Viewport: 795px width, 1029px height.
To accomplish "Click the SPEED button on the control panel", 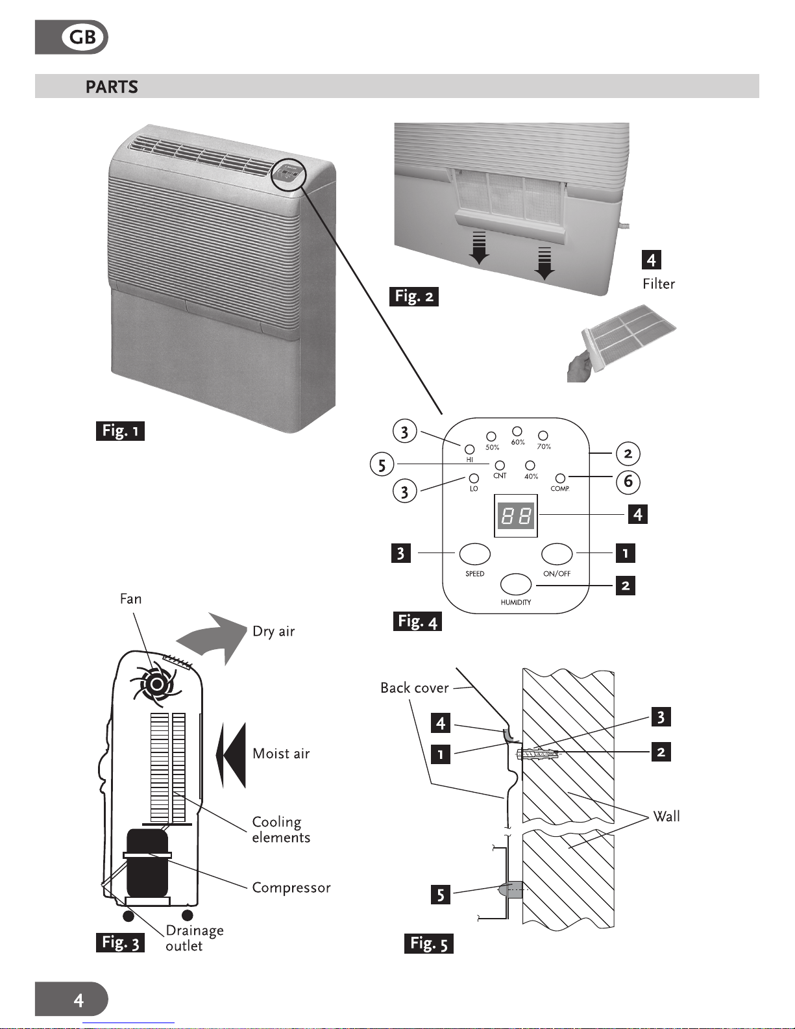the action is click(x=474, y=554).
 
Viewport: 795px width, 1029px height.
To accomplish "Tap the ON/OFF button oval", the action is click(x=557, y=554).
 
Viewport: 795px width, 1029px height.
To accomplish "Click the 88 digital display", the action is click(x=516, y=515).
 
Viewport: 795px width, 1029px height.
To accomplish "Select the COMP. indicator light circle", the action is click(x=560, y=478).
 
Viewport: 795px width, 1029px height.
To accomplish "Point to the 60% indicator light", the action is click(x=517, y=431).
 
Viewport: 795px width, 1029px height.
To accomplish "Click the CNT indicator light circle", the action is click(x=500, y=466).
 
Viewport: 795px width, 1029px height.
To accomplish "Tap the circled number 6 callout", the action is click(x=628, y=482).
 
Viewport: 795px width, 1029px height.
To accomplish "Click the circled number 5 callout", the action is click(x=382, y=464).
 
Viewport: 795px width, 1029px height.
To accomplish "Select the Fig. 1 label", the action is click(x=120, y=431).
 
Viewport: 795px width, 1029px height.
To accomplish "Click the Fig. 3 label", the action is click(x=120, y=943).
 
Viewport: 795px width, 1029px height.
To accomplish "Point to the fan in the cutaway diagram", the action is click(x=156, y=684).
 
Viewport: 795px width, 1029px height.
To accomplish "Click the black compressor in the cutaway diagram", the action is click(x=147, y=863).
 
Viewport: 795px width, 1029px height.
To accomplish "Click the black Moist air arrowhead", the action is click(x=231, y=755).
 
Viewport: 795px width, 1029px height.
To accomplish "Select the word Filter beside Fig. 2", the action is click(x=659, y=284).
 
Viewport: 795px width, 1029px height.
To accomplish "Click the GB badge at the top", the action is click(x=71, y=37).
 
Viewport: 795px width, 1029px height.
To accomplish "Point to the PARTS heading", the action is click(x=112, y=86).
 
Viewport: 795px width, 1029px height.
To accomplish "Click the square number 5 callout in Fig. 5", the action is click(x=440, y=895).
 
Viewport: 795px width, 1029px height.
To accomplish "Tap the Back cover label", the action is click(x=415, y=688).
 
